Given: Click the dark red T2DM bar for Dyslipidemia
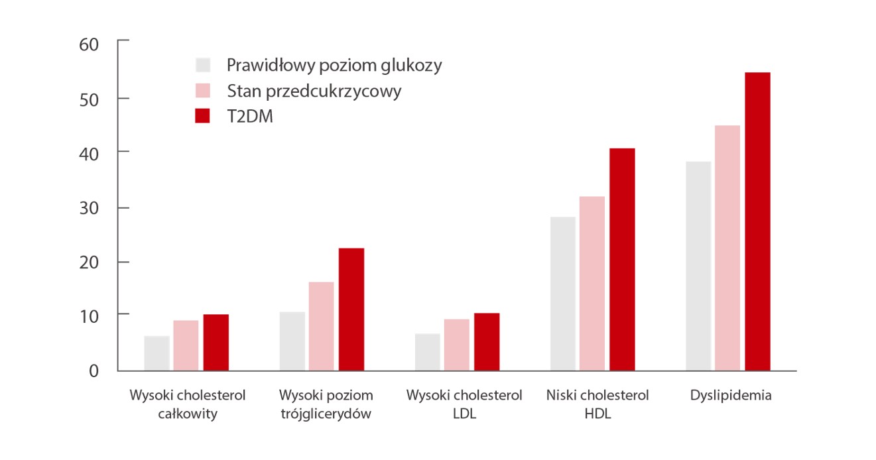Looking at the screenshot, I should click(757, 221).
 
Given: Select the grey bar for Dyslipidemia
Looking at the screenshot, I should click(698, 266).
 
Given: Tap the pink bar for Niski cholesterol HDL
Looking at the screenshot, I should click(592, 283).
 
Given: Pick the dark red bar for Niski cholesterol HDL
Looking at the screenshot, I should click(622, 259).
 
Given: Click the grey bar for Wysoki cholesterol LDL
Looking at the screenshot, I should click(427, 352).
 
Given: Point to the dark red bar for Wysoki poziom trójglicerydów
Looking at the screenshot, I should click(351, 309).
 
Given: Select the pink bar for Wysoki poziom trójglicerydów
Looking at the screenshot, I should click(321, 326).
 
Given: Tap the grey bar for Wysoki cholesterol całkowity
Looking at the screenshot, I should click(156, 353).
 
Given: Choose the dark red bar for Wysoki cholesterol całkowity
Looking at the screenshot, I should click(216, 342).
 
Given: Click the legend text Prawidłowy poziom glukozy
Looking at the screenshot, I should click(334, 66).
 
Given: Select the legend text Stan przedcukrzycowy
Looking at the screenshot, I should click(314, 91).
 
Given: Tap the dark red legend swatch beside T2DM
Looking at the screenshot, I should click(203, 116).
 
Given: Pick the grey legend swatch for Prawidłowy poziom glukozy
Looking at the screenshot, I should click(203, 65).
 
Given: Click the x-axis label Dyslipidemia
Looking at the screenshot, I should click(731, 396).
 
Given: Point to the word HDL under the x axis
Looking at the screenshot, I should click(597, 415).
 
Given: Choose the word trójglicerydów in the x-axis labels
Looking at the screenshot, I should click(326, 415).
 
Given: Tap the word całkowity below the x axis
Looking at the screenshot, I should click(188, 415).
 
